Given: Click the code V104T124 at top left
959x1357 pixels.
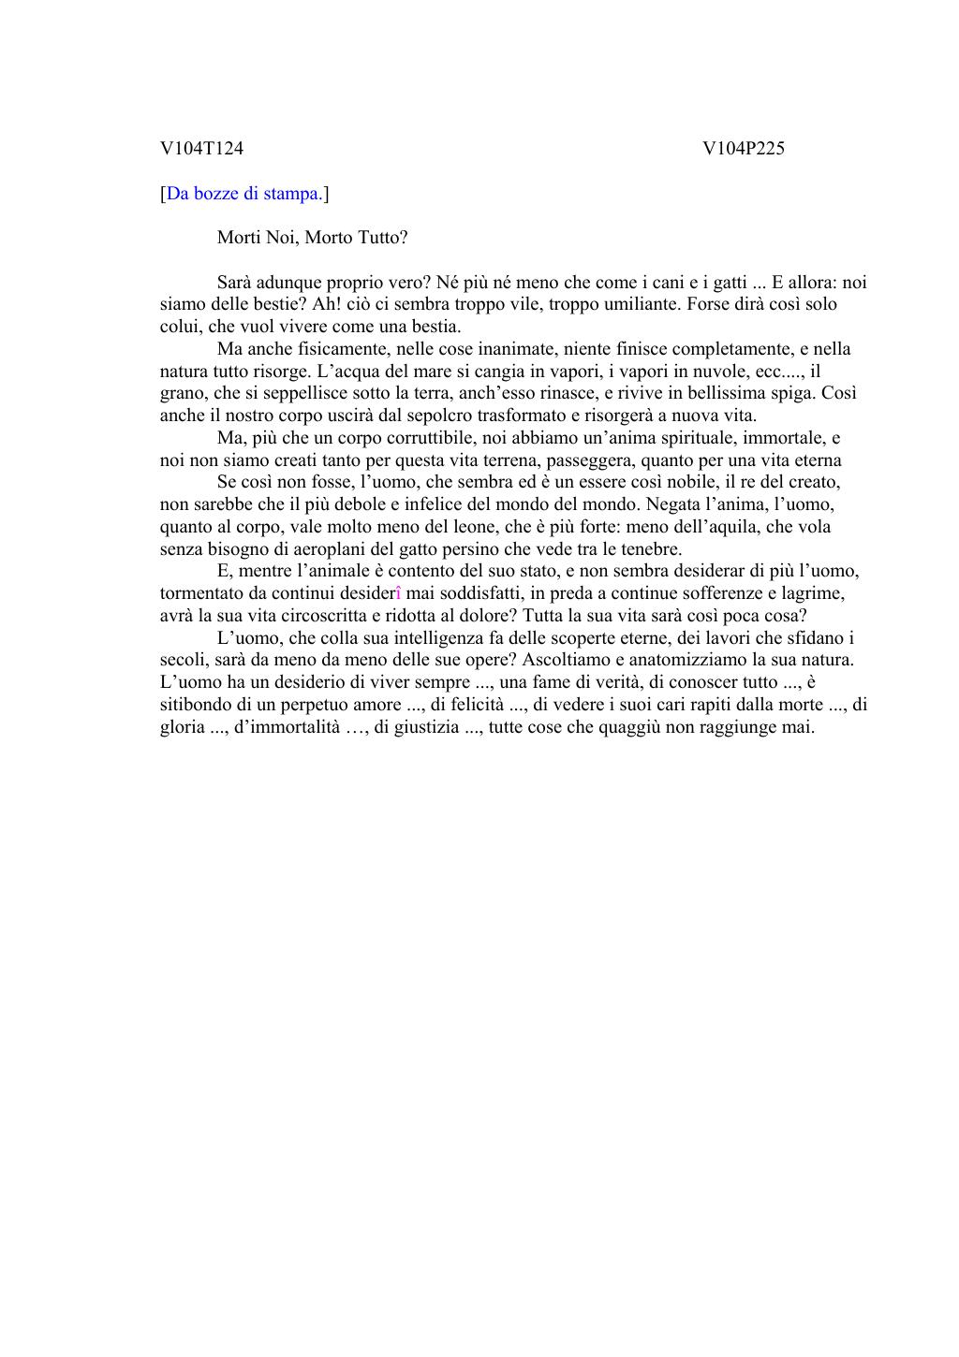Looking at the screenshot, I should [x=201, y=148].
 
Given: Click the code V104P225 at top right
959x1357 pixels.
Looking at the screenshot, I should [x=743, y=148].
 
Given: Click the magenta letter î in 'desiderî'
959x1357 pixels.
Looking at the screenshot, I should [x=399, y=593].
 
